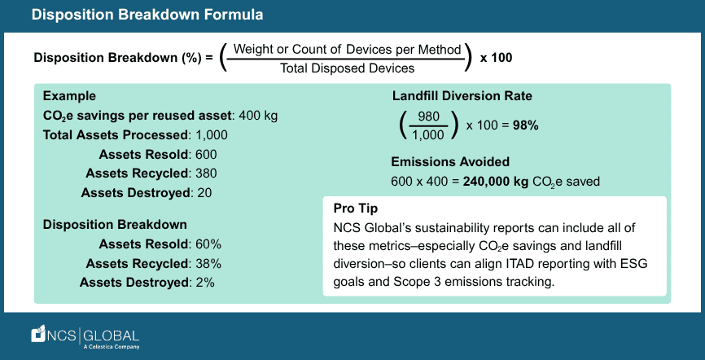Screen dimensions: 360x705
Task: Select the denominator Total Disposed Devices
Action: [x=348, y=69]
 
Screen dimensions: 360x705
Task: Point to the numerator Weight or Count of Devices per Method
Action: [x=348, y=49]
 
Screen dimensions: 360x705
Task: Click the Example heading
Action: [x=69, y=95]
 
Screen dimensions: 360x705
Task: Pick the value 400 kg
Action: [x=259, y=115]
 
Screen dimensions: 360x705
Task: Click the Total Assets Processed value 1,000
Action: [x=212, y=134]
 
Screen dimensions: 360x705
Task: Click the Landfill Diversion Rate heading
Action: [x=462, y=96]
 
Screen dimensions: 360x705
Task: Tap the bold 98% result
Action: [x=524, y=125]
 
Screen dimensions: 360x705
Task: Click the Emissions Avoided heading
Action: [x=450, y=161]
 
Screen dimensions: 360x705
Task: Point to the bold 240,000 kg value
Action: [x=497, y=182]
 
